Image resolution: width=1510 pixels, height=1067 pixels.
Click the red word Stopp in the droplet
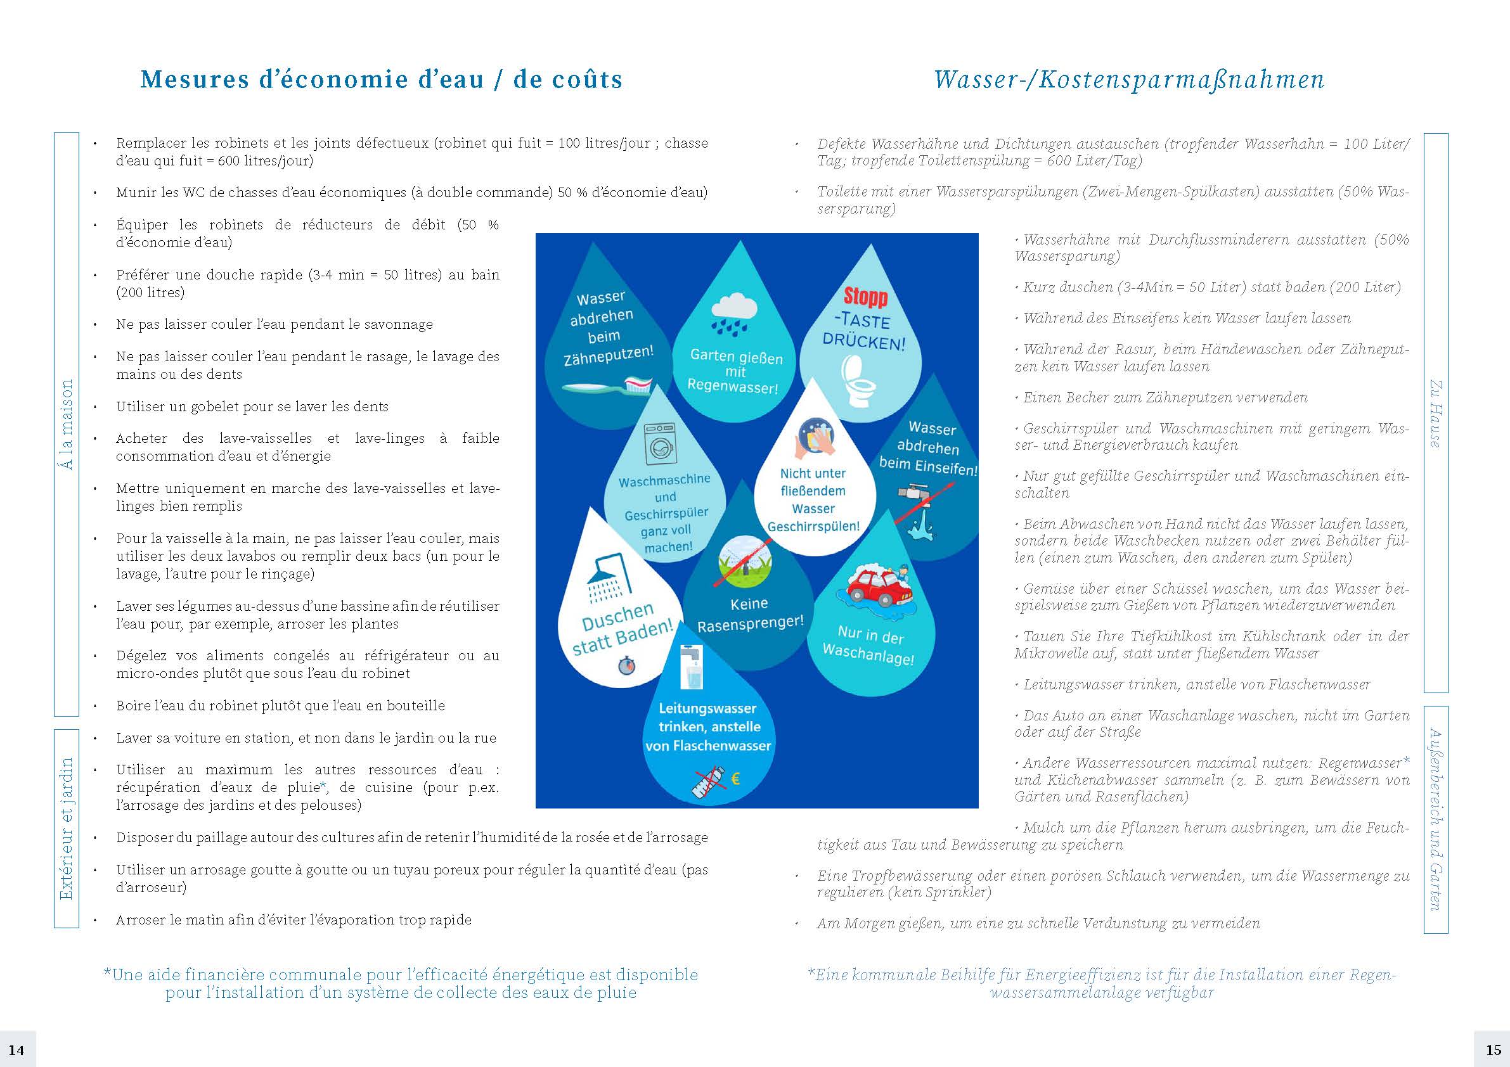coord(865,297)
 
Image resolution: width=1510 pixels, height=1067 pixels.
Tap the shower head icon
coord(609,578)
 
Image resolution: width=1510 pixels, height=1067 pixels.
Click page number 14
coord(16,1049)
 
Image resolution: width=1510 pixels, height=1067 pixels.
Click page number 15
coord(1493,1049)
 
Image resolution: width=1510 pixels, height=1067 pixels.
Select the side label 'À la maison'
coord(67,424)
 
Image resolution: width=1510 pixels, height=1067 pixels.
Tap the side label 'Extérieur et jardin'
coord(67,829)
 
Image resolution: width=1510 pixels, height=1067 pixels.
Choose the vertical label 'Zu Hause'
coord(1436,414)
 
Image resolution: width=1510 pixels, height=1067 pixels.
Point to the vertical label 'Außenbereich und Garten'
coord(1436,819)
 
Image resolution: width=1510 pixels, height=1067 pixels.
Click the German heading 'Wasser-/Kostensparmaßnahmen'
coord(1128,80)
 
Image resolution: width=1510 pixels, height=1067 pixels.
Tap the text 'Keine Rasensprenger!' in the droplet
coord(750,614)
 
